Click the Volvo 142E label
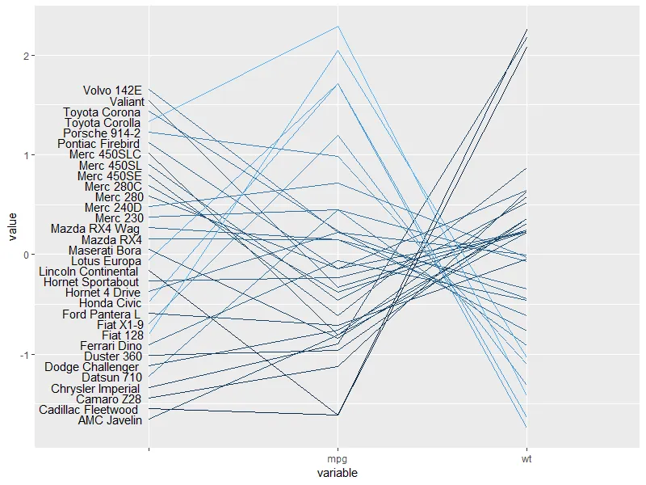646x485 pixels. (x=112, y=91)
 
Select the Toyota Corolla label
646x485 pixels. (x=103, y=123)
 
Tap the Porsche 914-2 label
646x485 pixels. (x=103, y=133)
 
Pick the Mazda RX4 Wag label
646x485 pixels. (x=95, y=230)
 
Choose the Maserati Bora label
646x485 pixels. (x=106, y=251)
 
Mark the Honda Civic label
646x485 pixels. (x=111, y=303)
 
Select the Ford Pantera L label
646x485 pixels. (x=102, y=314)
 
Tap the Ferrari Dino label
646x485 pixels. (x=111, y=346)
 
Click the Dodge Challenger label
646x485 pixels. (x=92, y=367)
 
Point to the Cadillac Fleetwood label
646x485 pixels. (x=90, y=410)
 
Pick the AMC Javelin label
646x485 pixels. (x=110, y=420)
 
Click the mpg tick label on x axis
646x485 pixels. (x=338, y=459)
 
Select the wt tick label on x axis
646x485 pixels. (x=526, y=459)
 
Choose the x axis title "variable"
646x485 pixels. (x=338, y=473)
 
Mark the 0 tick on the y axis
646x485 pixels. (x=26, y=255)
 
